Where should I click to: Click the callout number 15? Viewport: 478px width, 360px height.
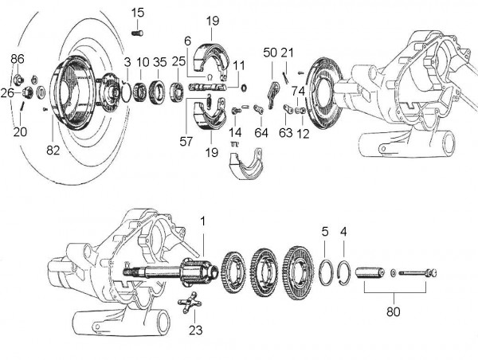(x=139, y=12)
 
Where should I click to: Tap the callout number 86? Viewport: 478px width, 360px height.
(x=18, y=60)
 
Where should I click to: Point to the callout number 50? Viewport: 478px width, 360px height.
(x=270, y=53)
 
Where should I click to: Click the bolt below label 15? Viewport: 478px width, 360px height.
(x=136, y=31)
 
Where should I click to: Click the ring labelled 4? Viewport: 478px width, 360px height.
(x=343, y=269)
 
